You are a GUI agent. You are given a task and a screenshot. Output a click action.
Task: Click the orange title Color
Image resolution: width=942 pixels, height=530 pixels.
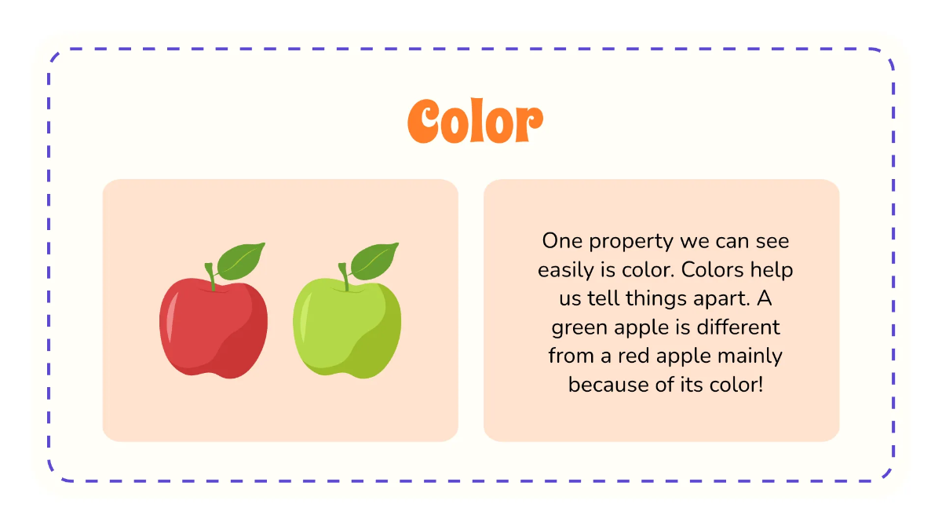[475, 122]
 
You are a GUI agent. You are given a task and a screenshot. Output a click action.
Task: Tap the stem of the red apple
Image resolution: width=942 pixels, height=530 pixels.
[210, 276]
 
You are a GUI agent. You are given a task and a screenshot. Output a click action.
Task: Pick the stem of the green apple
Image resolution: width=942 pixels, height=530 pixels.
[344, 276]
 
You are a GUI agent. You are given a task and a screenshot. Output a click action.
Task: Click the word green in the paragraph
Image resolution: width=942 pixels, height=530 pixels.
[579, 327]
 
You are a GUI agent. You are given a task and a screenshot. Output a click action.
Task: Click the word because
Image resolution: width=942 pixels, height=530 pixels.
[601, 385]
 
